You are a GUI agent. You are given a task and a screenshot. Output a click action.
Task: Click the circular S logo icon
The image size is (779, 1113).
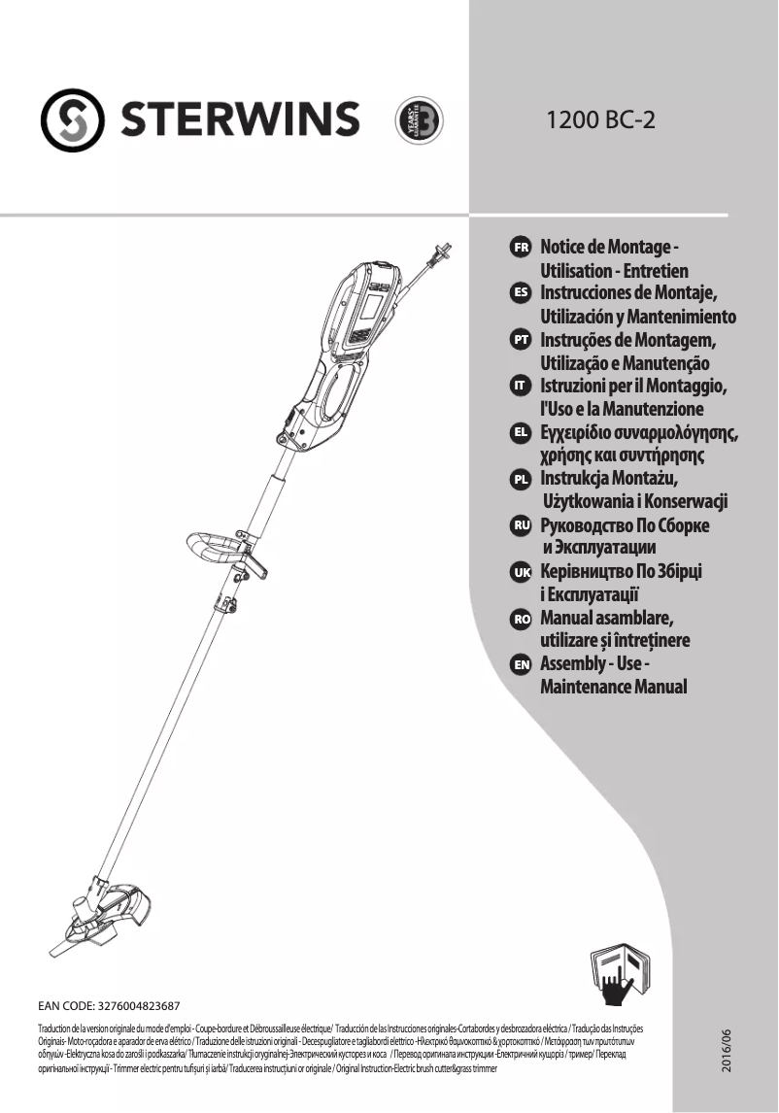coord(74,120)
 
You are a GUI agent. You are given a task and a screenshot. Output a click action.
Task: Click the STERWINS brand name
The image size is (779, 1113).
coord(239,120)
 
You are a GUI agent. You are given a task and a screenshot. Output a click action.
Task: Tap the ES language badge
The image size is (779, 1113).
coord(520,292)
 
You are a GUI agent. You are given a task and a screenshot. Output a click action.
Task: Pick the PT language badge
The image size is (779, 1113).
coord(520,339)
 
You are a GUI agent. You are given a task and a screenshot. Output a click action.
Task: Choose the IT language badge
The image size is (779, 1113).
coord(520,386)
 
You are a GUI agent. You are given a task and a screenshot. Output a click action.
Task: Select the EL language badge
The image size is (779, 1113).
coord(520,431)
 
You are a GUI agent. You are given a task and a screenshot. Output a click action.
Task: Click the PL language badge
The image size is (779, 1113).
coord(520,478)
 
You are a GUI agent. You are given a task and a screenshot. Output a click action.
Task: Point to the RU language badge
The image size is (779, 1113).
coord(520,524)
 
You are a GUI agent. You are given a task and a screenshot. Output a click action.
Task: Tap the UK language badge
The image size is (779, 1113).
coord(520,571)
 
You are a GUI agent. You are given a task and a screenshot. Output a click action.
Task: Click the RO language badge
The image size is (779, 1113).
coord(520,618)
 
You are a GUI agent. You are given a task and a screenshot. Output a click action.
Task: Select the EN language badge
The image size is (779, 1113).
coord(520,664)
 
